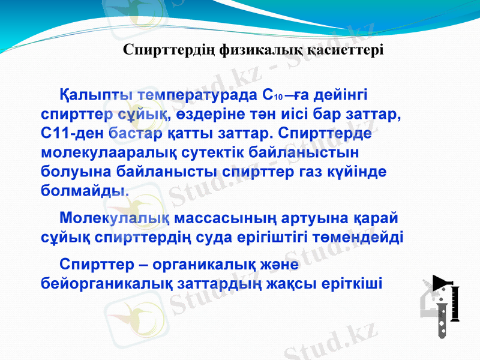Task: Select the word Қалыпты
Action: point(97,96)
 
